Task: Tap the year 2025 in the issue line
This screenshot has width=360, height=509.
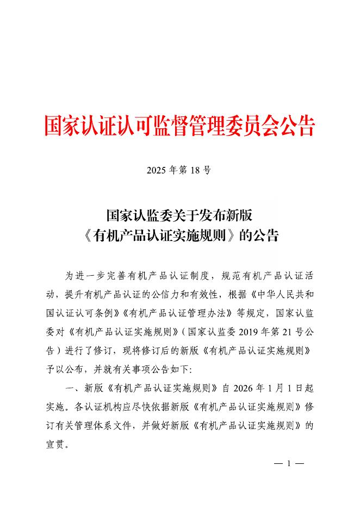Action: coord(157,170)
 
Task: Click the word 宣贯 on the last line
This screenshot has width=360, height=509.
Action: coord(55,444)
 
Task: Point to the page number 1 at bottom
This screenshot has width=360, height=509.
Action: coord(288,464)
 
